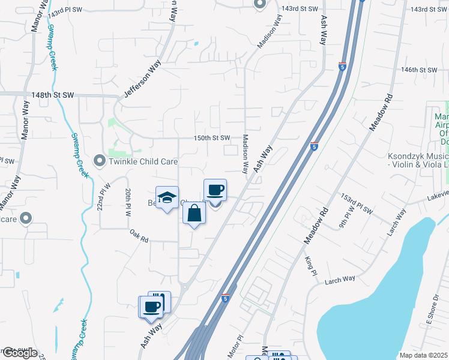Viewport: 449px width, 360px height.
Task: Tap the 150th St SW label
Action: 211,138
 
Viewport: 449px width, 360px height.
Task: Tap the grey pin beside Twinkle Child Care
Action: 99,161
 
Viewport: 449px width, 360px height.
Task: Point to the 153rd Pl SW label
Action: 356,199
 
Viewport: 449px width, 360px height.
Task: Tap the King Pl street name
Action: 310,262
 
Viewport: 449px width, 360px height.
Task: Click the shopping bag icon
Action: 194,214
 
